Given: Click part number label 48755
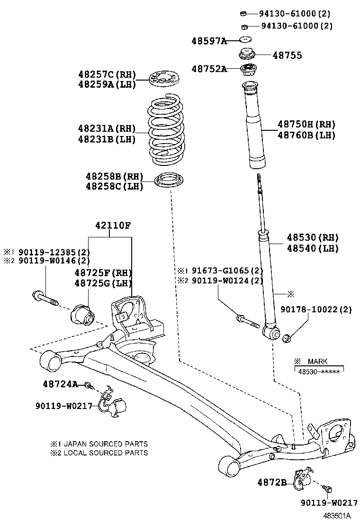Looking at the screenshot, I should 287,55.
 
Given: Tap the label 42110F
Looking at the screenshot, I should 112,226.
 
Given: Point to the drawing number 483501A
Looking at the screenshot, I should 337,516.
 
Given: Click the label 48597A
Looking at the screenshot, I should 208,41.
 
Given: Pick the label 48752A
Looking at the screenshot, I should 208,69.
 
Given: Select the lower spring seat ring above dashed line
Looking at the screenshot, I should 169,182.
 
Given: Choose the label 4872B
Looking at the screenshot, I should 272,482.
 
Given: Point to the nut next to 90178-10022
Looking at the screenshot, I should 286,338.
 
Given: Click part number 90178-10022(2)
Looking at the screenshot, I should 316,309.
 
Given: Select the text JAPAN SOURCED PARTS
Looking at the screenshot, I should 105,444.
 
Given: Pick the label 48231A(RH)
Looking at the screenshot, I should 107,128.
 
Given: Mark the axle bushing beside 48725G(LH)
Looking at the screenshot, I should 83,315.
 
